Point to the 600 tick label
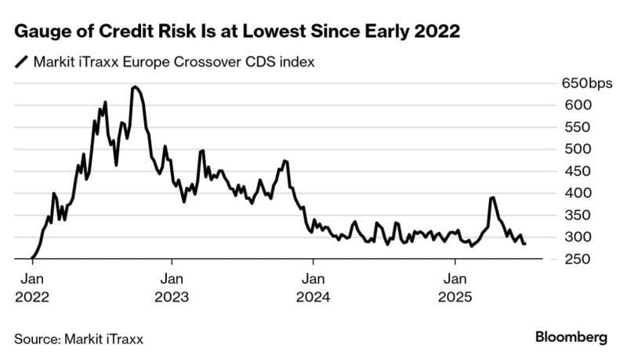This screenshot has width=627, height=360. pos(573,105)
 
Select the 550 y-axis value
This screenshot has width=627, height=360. pos(573,127)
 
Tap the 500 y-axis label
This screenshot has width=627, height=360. pos(573,149)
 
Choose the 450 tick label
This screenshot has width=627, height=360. pos(573,171)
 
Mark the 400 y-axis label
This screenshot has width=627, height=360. pos(573,193)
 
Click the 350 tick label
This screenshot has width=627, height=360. pos(573,215)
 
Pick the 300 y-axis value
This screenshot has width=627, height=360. pos(573,237)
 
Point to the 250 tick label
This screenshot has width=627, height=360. pos(573,259)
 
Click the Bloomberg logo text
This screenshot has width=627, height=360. pos(571,337)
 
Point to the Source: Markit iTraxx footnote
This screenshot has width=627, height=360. pos(78,338)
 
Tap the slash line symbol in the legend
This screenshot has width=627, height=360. pos(20,62)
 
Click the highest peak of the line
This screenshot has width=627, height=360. pos(135,87)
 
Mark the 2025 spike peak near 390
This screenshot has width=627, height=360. pos(492,198)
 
